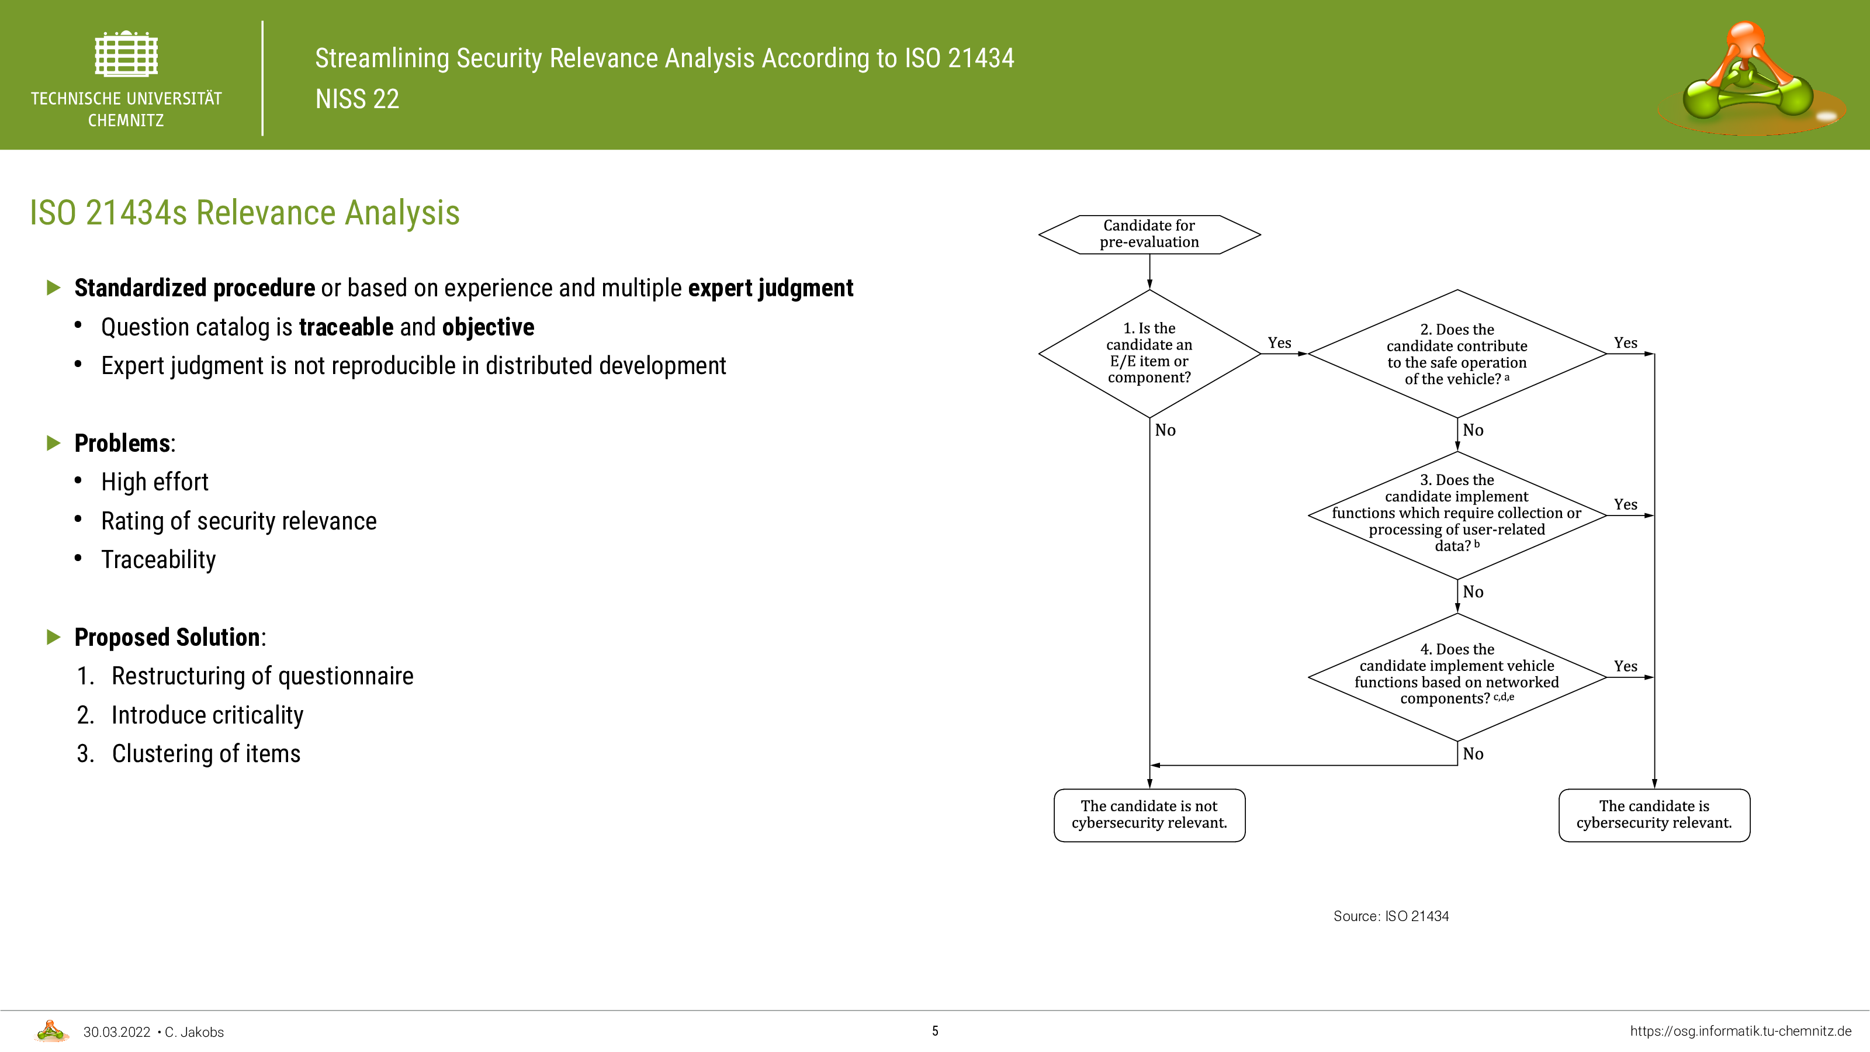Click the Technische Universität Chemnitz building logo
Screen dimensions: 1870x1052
click(126, 54)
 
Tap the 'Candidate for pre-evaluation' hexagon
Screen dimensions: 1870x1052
click(1149, 234)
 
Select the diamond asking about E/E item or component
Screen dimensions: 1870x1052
click(1149, 354)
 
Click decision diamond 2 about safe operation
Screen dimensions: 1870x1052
click(1457, 354)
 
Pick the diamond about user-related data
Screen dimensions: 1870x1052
click(1457, 515)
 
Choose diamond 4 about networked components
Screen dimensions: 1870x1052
click(1457, 677)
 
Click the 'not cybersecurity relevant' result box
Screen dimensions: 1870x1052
click(1149, 815)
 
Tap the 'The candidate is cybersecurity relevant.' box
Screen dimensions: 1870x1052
click(1654, 815)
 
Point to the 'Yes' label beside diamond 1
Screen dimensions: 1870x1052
click(1279, 342)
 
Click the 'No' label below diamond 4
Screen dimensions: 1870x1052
click(1473, 753)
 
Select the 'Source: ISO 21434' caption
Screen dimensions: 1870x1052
click(1391, 916)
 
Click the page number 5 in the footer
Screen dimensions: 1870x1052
click(935, 1031)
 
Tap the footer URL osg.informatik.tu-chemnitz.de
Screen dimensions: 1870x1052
click(1741, 1031)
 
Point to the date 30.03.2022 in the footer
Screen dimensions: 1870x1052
click(117, 1032)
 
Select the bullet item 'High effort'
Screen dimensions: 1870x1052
click(155, 482)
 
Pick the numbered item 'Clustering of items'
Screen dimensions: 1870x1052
click(206, 753)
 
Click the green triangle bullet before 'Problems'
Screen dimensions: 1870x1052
click(54, 443)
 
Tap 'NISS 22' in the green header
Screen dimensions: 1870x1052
click(357, 99)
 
